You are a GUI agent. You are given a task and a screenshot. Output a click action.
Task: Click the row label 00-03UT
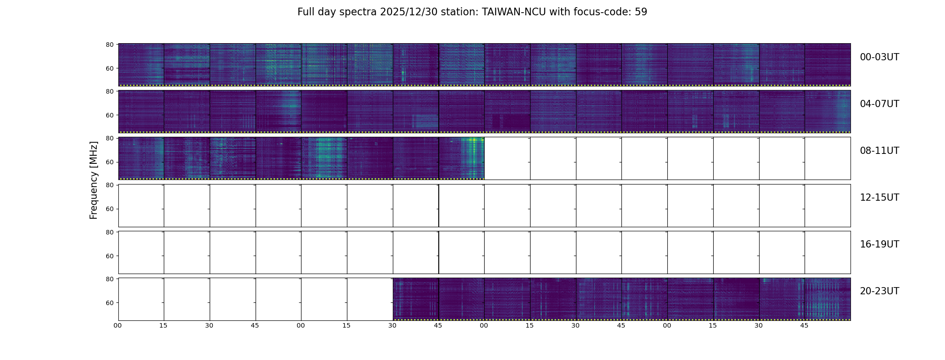click(x=879, y=57)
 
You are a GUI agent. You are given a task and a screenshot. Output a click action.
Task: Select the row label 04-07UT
click(x=879, y=104)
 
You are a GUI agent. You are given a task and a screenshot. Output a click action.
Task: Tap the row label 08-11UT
click(x=879, y=151)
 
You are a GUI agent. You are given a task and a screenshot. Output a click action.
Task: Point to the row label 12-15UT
click(x=879, y=198)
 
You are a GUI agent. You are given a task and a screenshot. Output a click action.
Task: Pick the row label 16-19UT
click(x=879, y=244)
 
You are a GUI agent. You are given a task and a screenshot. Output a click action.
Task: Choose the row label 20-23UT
click(x=879, y=291)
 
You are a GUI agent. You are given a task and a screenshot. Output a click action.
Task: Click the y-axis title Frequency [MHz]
click(x=94, y=180)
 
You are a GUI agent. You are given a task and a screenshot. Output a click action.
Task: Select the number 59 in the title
click(x=641, y=12)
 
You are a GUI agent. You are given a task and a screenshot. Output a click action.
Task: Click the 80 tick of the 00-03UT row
click(x=109, y=45)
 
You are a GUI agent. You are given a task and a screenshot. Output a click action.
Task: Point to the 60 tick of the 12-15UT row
click(x=109, y=209)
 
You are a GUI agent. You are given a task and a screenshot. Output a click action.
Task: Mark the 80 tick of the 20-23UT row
click(x=109, y=279)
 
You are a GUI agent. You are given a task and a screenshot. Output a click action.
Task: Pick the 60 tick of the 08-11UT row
click(x=109, y=162)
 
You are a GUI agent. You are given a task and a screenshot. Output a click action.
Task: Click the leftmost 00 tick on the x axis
click(x=118, y=325)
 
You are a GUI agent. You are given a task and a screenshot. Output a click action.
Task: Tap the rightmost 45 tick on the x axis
click(x=804, y=325)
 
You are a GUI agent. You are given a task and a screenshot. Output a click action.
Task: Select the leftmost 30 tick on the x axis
click(x=209, y=325)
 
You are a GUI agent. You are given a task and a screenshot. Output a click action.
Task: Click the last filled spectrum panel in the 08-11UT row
click(x=461, y=158)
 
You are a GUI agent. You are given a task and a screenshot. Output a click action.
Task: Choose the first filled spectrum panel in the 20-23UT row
click(x=415, y=299)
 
